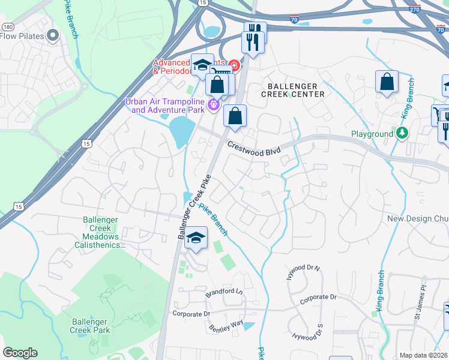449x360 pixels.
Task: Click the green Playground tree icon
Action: (402, 133)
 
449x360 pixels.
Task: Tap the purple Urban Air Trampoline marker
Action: (212, 106)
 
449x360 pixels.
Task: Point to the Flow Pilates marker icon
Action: (53, 36)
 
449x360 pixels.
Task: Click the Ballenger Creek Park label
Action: (90, 326)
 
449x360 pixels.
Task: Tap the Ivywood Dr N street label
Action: (304, 275)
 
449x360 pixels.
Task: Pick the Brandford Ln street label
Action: (224, 292)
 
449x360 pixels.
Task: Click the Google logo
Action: (20, 353)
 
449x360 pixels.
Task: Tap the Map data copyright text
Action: (423, 355)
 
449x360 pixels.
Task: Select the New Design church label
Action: (418, 219)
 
